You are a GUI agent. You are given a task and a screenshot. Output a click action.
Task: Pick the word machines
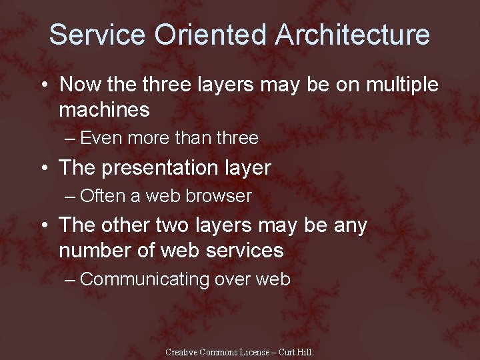[104, 109]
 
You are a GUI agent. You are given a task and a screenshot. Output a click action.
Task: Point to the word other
[122, 225]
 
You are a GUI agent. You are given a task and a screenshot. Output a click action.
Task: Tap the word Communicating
[145, 279]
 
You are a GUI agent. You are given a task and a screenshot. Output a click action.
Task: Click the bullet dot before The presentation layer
[43, 168]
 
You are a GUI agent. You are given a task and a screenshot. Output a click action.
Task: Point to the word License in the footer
[257, 352]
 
